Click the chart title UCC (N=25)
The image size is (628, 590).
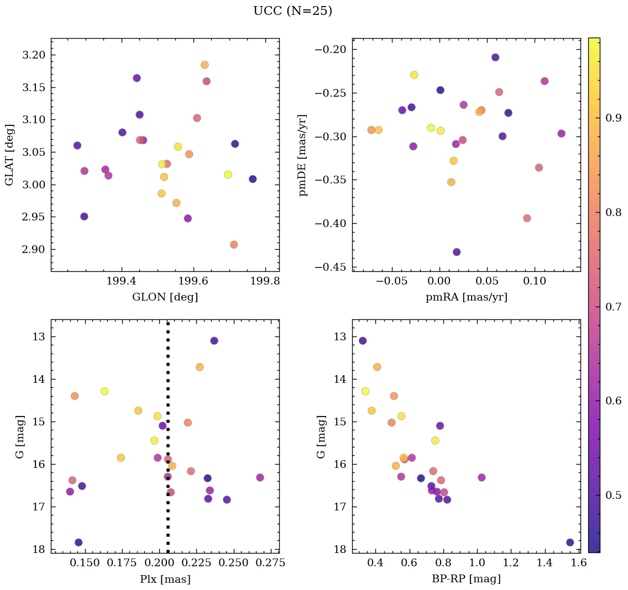click(292, 11)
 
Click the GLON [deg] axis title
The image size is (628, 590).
click(165, 297)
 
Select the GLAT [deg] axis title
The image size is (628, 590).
click(9, 155)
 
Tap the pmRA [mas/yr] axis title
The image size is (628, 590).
click(466, 297)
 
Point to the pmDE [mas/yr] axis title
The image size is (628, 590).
click(303, 155)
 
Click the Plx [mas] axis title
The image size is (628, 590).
click(165, 579)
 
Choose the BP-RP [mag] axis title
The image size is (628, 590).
click(466, 579)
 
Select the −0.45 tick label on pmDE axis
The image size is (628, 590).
click(329, 267)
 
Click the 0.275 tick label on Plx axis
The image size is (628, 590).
click(264, 563)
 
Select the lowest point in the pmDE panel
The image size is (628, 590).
click(457, 252)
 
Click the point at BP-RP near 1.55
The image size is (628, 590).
click(570, 542)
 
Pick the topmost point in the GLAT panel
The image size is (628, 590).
click(205, 65)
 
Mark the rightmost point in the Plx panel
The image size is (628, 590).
click(260, 477)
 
